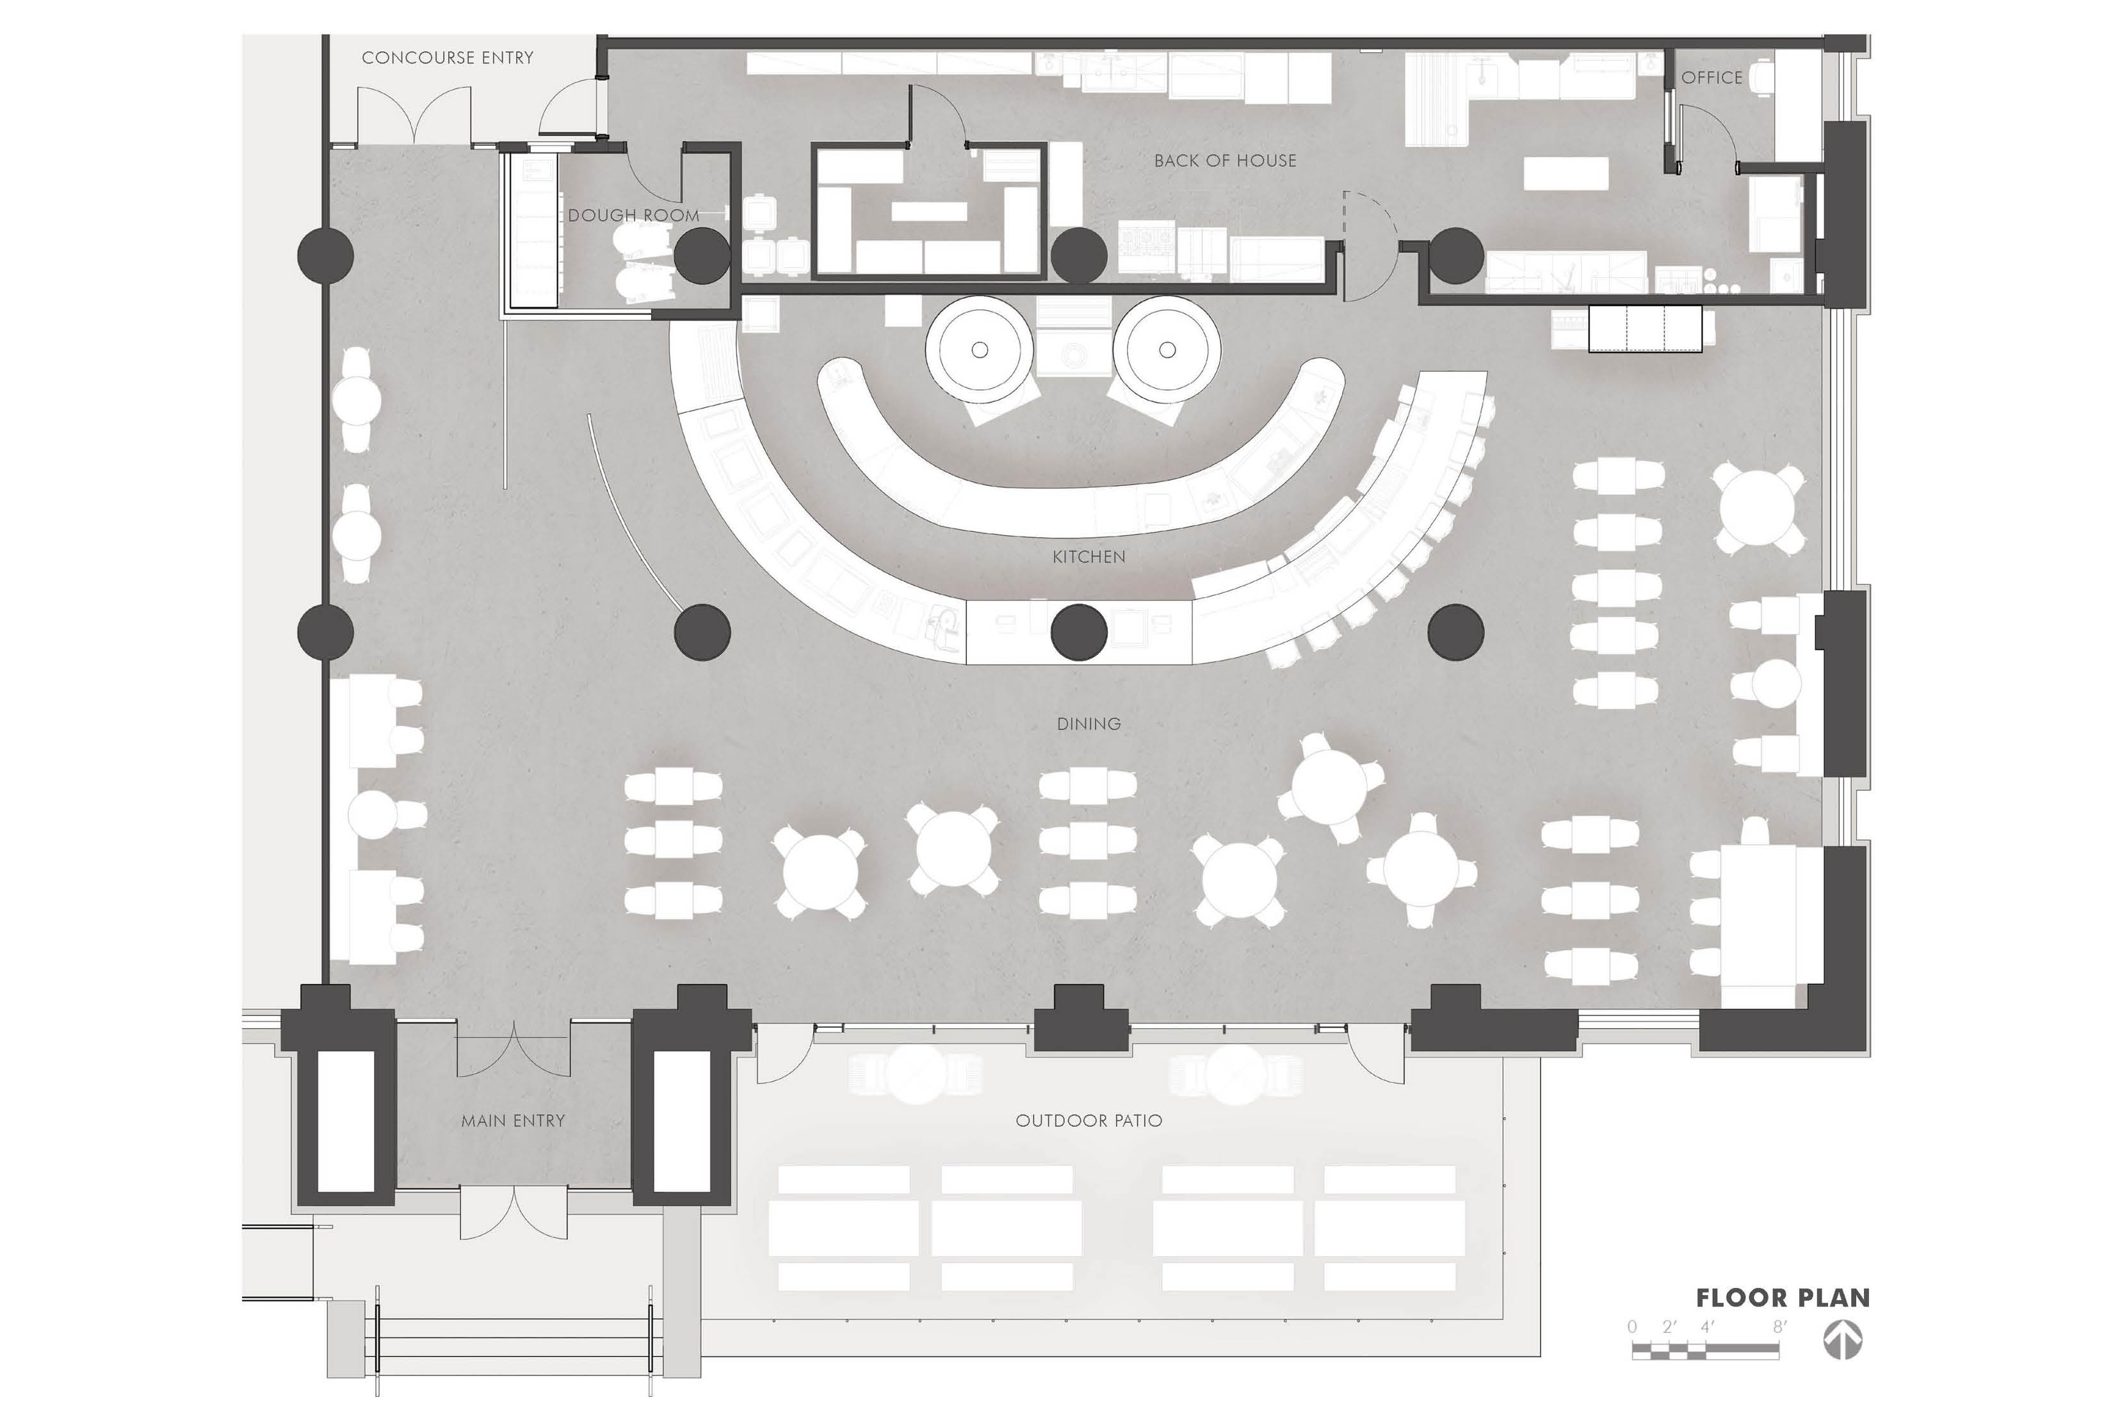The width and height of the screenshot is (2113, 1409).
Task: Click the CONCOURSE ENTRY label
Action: (448, 58)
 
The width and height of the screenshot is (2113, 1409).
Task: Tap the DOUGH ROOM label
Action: (634, 216)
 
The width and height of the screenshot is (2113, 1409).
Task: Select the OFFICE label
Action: (1712, 78)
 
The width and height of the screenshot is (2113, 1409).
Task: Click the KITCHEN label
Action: (1089, 557)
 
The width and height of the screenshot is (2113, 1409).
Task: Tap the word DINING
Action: (1089, 724)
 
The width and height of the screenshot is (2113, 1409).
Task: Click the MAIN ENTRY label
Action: (513, 1120)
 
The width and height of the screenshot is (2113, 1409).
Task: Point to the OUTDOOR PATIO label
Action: (1089, 1120)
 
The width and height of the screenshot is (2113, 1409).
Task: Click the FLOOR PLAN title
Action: (1782, 1298)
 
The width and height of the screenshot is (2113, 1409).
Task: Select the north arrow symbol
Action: (1842, 1341)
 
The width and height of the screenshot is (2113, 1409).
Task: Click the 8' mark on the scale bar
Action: (1779, 1326)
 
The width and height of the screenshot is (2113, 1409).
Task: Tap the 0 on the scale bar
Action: (1632, 1326)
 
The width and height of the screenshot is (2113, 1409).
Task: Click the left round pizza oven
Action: (980, 350)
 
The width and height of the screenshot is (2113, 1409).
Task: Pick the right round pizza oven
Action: (1167, 350)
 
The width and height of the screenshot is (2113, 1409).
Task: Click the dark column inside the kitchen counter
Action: (1078, 632)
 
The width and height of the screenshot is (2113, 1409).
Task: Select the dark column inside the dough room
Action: (702, 255)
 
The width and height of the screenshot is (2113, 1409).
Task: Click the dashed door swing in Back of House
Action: (1370, 220)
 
